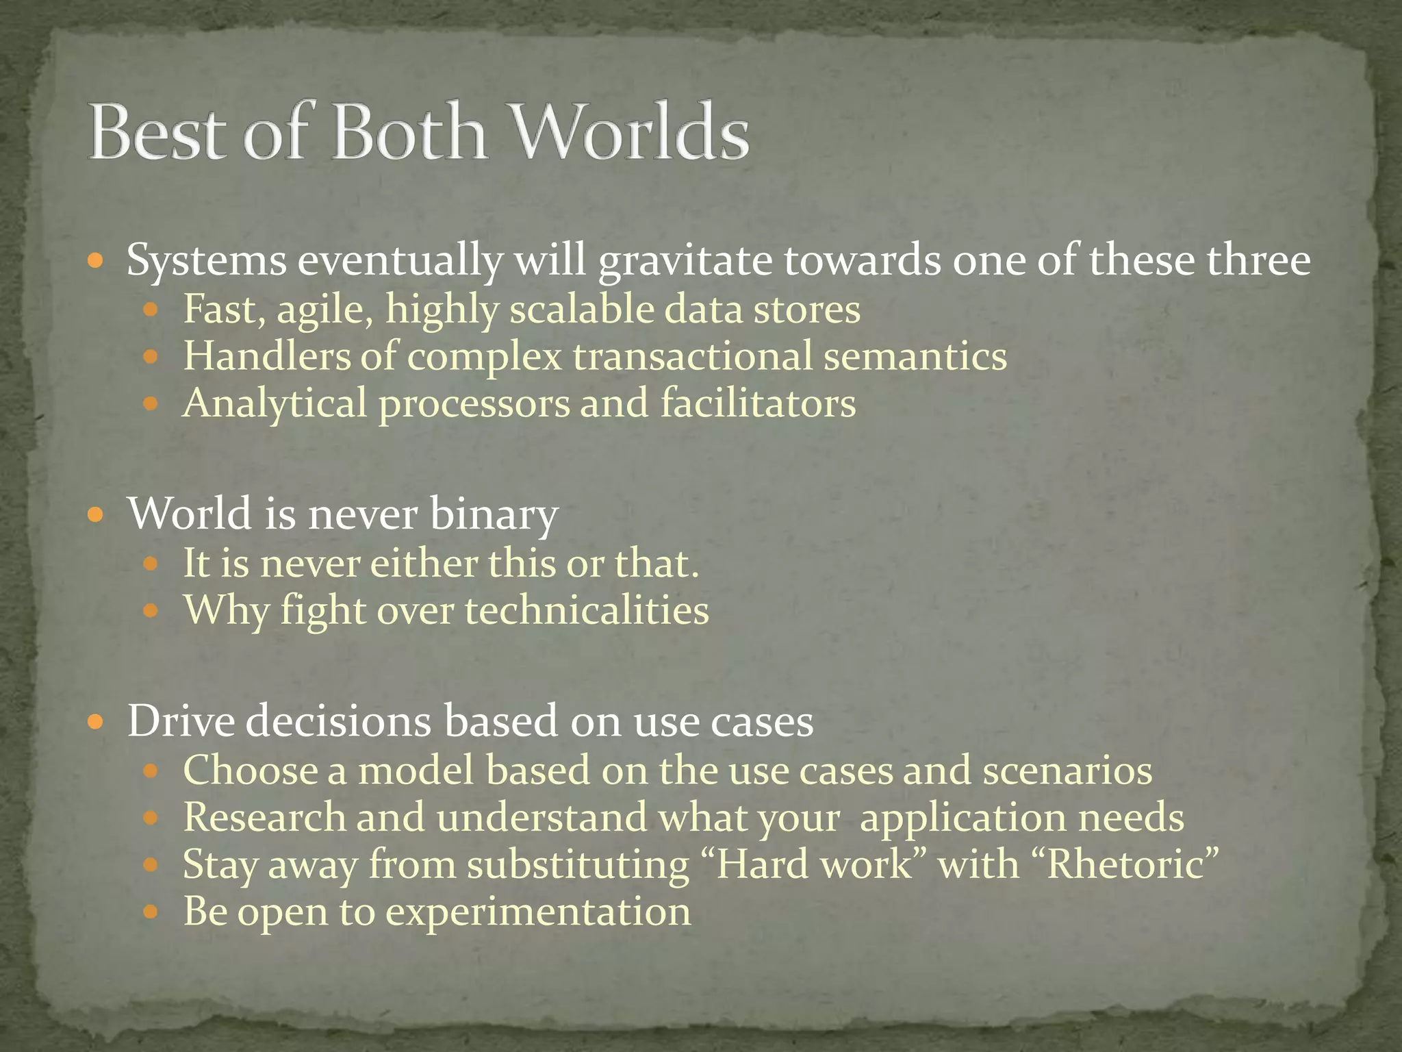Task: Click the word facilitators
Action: (x=758, y=403)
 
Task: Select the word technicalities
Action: (x=587, y=610)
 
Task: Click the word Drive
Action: (x=181, y=721)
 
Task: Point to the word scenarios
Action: (x=1067, y=770)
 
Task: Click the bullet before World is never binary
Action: (x=97, y=513)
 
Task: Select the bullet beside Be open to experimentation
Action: (x=151, y=912)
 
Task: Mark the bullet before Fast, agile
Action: (x=151, y=310)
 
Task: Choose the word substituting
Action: (x=578, y=864)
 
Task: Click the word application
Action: (x=963, y=818)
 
